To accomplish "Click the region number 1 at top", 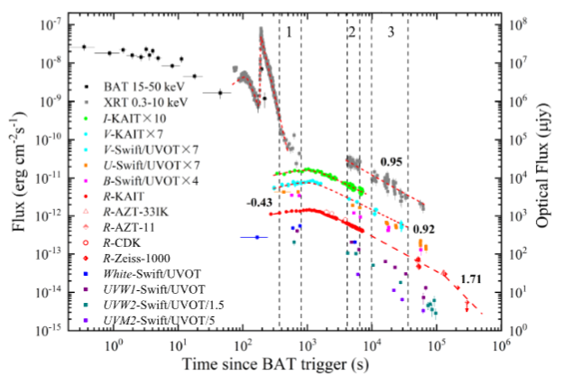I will tap(288, 32).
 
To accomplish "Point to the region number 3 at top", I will tap(390, 32).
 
